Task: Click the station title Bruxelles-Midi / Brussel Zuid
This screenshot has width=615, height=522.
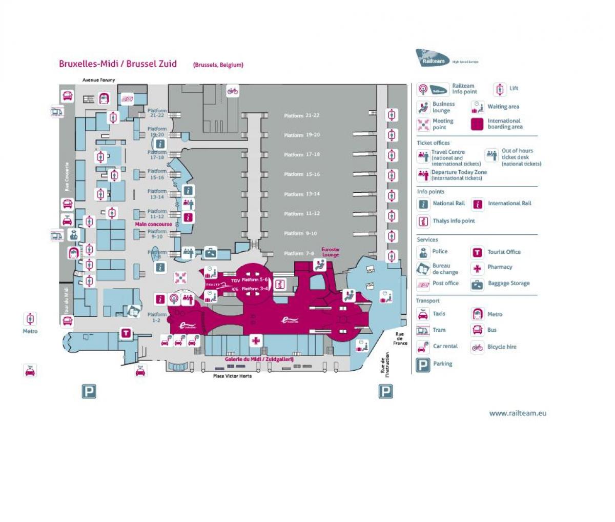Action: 118,64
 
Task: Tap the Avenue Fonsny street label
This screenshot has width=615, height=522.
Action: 99,80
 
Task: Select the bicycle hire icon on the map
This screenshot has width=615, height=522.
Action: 233,91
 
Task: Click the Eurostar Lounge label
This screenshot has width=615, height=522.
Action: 331,252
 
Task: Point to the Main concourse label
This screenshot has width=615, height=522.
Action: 154,224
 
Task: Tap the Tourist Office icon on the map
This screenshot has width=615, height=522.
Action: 126,333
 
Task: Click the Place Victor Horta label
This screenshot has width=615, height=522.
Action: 232,376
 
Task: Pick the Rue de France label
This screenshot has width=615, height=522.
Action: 400,338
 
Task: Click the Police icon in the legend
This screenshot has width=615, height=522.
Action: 423,252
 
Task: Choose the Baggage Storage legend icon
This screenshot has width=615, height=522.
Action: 477,284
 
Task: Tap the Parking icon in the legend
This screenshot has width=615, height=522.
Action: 423,365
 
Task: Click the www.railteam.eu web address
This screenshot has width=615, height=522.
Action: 518,413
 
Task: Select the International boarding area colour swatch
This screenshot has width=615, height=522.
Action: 477,124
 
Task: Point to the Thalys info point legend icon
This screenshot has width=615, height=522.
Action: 423,222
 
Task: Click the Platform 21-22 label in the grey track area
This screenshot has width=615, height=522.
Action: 302,116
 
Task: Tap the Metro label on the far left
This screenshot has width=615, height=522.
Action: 30,331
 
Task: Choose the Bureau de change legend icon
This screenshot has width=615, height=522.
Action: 423,269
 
